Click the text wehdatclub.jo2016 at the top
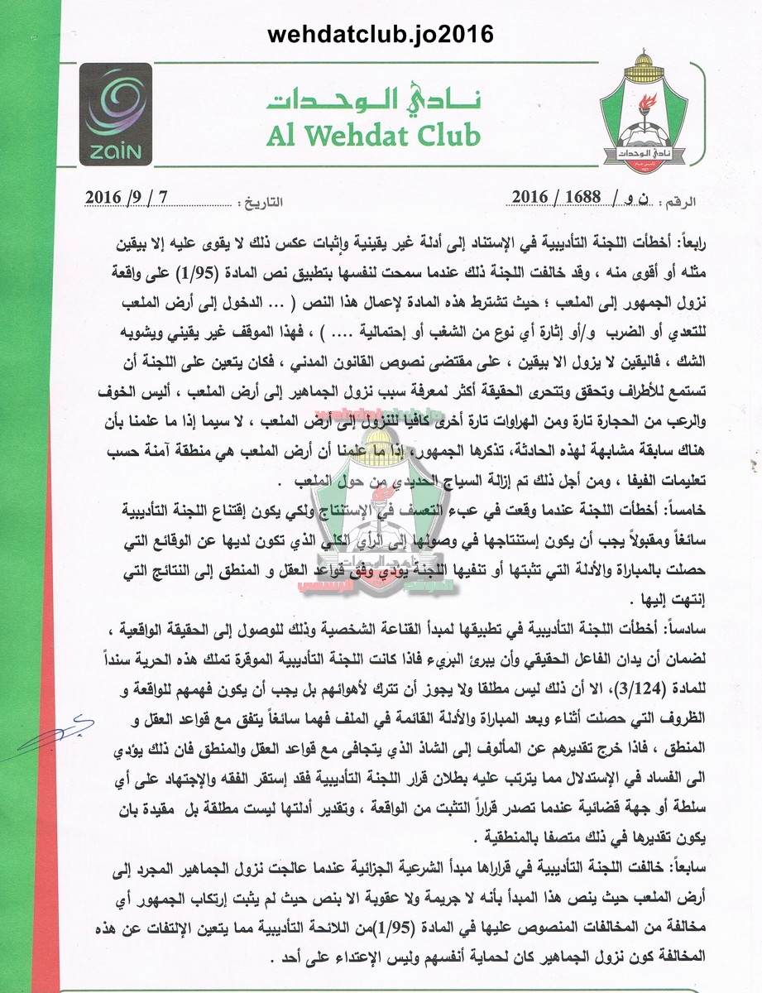pyautogui.click(x=381, y=33)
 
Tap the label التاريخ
pyautogui.click(x=261, y=201)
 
